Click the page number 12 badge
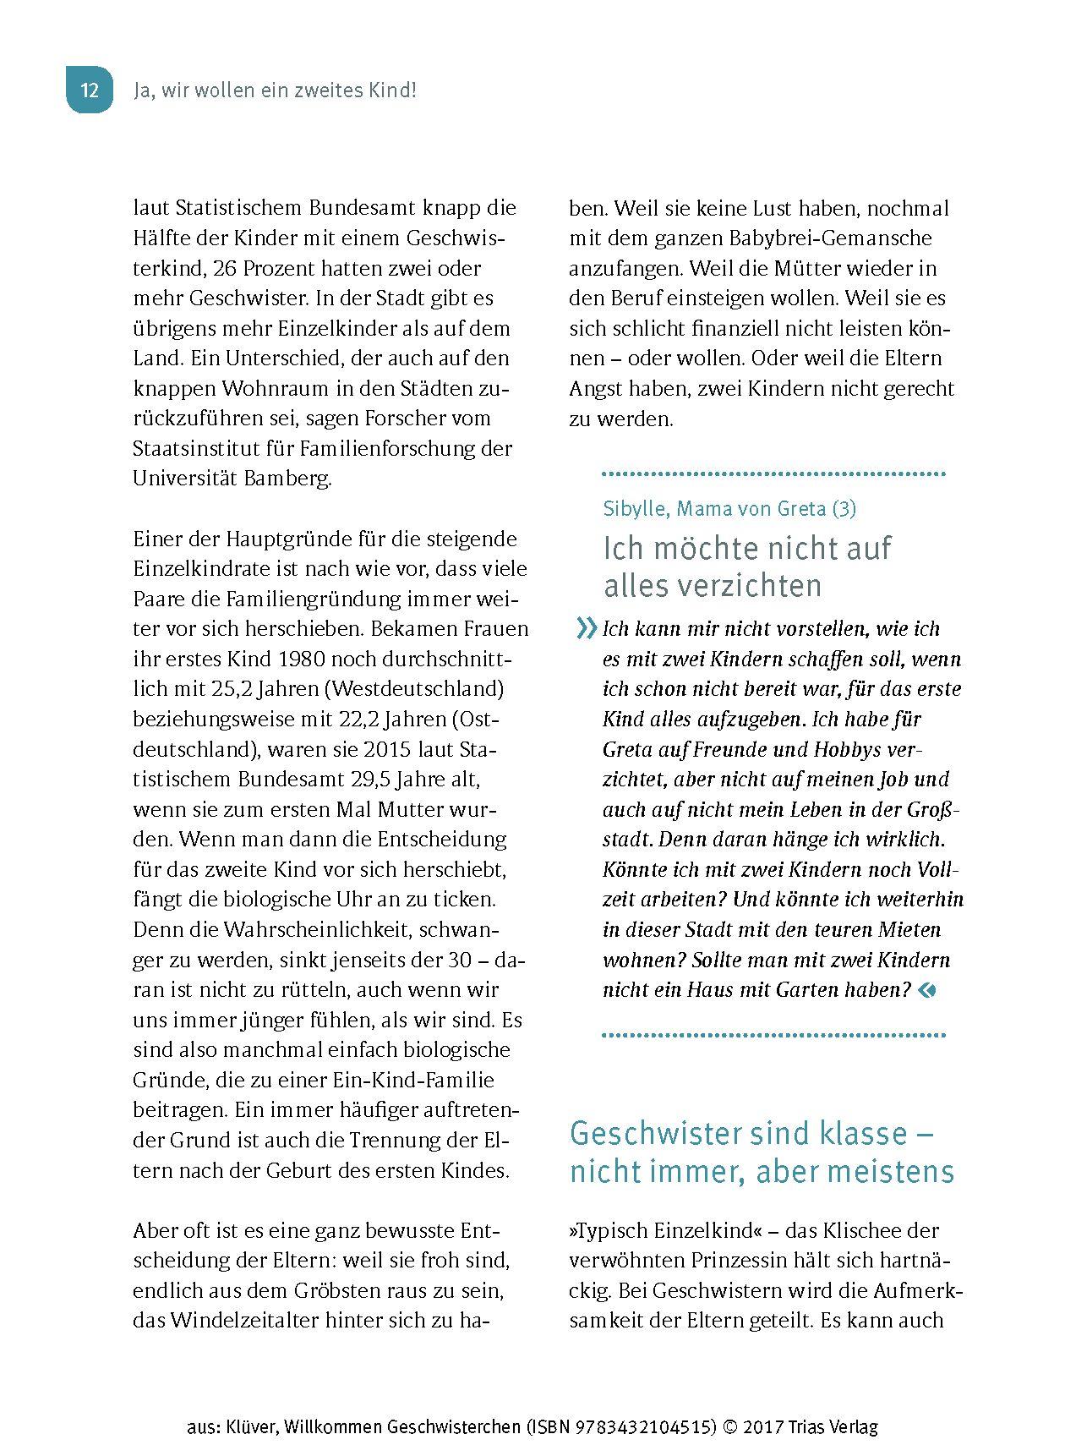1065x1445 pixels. point(89,90)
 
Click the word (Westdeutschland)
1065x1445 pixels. point(414,689)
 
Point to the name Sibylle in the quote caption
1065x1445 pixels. point(632,509)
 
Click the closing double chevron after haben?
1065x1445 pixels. point(927,990)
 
